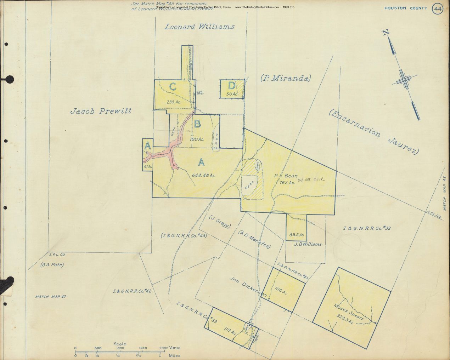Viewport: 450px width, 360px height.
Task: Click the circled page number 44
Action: (x=438, y=9)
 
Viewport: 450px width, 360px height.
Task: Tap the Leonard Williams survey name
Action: (x=199, y=27)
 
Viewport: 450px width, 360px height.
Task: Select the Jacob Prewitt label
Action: (x=101, y=111)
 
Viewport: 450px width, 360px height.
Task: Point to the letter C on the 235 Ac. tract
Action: (x=173, y=87)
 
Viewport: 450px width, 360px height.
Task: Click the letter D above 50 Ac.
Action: (x=231, y=86)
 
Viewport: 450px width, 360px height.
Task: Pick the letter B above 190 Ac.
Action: (x=198, y=124)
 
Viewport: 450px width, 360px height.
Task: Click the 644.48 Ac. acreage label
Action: (x=204, y=175)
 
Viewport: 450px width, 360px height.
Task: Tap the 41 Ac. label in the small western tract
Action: (x=148, y=166)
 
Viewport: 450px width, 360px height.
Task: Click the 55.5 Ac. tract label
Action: (x=297, y=235)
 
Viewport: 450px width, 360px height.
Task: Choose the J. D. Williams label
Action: (x=308, y=244)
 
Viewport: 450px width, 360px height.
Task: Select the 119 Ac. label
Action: (x=230, y=331)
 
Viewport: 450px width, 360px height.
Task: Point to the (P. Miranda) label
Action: (x=285, y=78)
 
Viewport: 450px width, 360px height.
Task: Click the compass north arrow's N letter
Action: (x=386, y=33)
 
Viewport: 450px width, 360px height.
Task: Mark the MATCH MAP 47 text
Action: (x=51, y=297)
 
